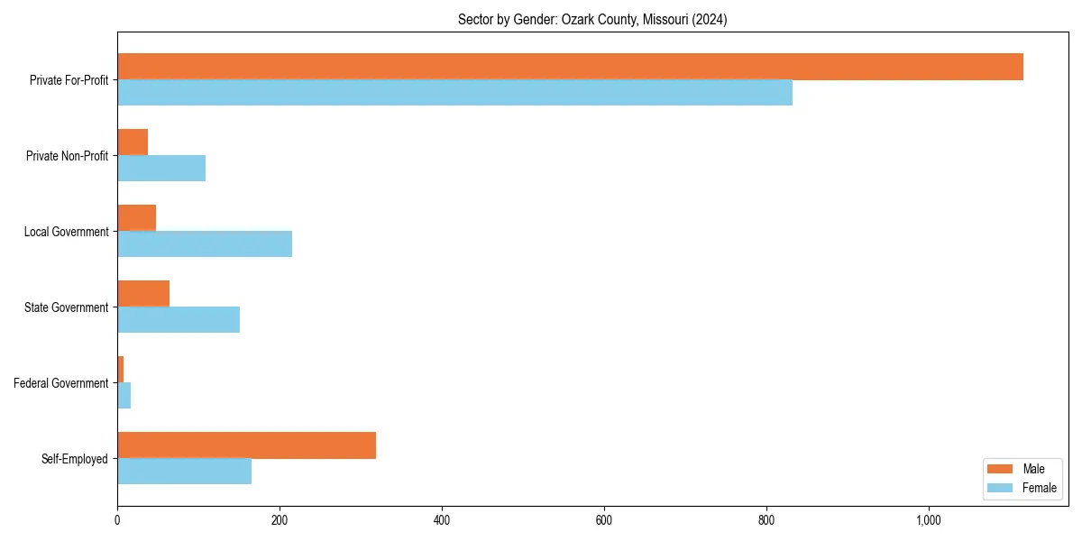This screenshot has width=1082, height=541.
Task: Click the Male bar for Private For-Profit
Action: pyautogui.click(x=570, y=67)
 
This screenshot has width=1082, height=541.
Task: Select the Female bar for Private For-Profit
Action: pyautogui.click(x=454, y=93)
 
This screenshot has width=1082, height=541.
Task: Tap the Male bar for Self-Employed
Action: pyautogui.click(x=246, y=445)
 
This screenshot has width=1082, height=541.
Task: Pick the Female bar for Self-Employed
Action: pyautogui.click(x=184, y=472)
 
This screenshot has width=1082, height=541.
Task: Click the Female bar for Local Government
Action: pyautogui.click(x=205, y=244)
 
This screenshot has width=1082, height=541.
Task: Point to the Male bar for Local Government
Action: pyautogui.click(x=136, y=218)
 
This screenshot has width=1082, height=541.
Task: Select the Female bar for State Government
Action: pyautogui.click(x=179, y=320)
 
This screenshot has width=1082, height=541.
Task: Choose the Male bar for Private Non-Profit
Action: pyautogui.click(x=133, y=142)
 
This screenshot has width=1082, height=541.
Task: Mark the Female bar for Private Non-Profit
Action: pyautogui.click(x=161, y=169)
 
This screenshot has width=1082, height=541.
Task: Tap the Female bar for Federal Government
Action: pyautogui.click(x=124, y=396)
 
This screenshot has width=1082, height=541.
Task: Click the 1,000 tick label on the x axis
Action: pyautogui.click(x=929, y=520)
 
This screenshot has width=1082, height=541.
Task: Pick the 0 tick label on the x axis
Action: pyautogui.click(x=117, y=520)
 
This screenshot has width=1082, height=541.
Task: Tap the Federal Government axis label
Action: pyautogui.click(x=61, y=383)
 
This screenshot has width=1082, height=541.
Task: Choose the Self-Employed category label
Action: pyautogui.click(x=75, y=459)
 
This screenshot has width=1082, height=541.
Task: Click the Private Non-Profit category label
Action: pyautogui.click(x=67, y=156)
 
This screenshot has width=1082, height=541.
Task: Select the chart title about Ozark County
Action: pyautogui.click(x=592, y=19)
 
